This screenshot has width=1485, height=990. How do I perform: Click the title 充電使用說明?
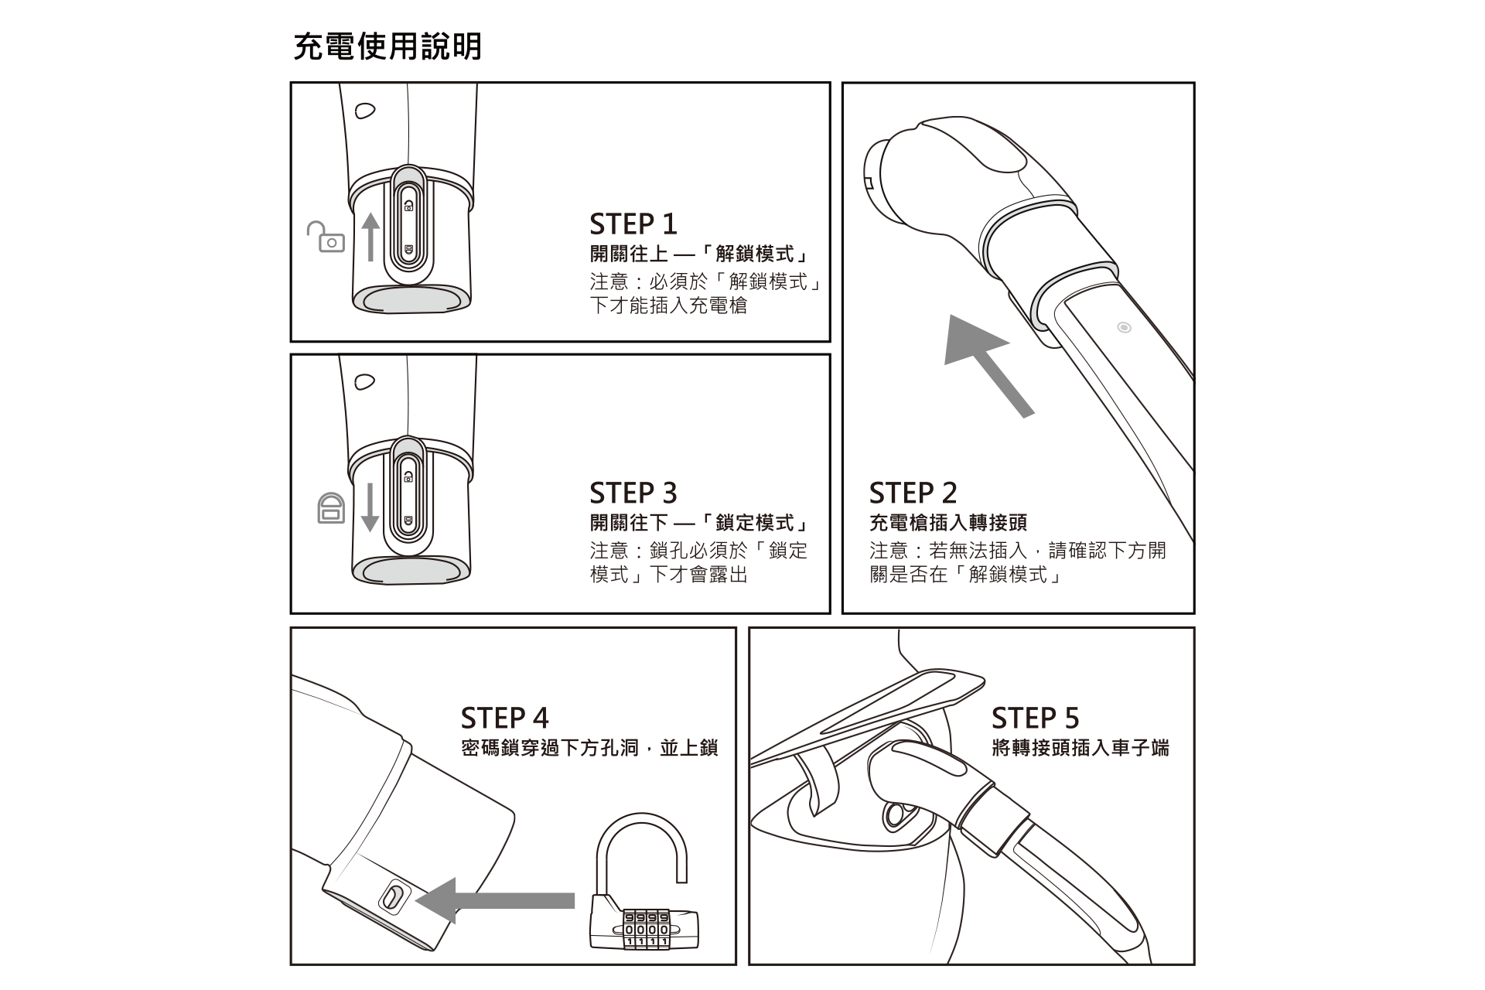[387, 46]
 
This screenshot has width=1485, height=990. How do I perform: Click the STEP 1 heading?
[633, 224]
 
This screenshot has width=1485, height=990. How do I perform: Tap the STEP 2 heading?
[913, 493]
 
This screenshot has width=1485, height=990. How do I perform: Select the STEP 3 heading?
[633, 493]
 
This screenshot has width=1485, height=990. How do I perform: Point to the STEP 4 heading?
[504, 719]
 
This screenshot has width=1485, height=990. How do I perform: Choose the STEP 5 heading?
[1035, 719]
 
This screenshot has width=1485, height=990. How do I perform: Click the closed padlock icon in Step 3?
[331, 508]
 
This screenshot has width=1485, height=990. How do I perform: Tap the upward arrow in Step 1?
[370, 237]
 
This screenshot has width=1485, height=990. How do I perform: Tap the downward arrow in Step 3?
[370, 507]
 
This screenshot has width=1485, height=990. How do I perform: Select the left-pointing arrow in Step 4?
[495, 900]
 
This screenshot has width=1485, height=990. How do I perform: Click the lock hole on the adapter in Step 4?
[391, 898]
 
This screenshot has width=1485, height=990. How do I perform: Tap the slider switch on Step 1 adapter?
[408, 227]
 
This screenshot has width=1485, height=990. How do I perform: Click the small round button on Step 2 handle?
[1125, 328]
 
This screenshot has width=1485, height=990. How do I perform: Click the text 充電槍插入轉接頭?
[947, 523]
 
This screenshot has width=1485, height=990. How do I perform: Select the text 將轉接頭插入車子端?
[1080, 748]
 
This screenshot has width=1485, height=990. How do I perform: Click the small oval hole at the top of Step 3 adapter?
[365, 381]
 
